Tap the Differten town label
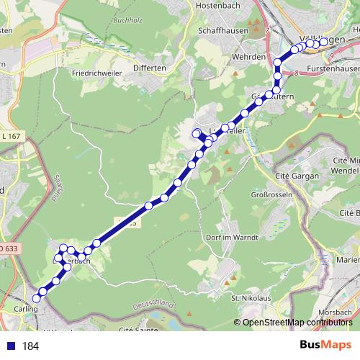coord(149,68)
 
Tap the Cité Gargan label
coord(297,174)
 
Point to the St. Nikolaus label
coord(251,297)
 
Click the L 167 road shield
coord(11,135)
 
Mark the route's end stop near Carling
coord(37,296)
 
